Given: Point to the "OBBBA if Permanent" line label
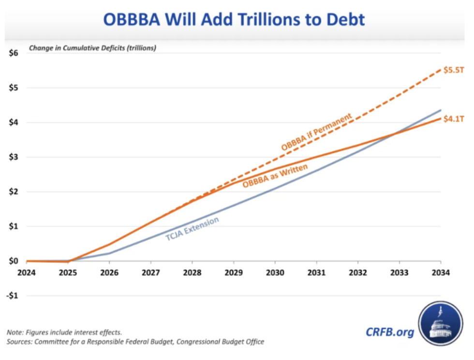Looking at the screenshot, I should (316, 132).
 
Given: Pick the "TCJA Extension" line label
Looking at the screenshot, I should (192, 229).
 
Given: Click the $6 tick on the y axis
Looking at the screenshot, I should (13, 53).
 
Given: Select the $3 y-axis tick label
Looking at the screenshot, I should (13, 157).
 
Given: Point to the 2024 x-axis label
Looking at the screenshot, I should (27, 272).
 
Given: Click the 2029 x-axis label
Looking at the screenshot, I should (234, 272).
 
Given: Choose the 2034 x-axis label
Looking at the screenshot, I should (440, 272).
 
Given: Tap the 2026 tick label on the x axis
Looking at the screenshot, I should (109, 272).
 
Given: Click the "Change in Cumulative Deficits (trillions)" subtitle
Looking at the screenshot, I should (92, 48).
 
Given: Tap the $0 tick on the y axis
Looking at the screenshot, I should (13, 261).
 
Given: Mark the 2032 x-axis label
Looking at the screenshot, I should (357, 272).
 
